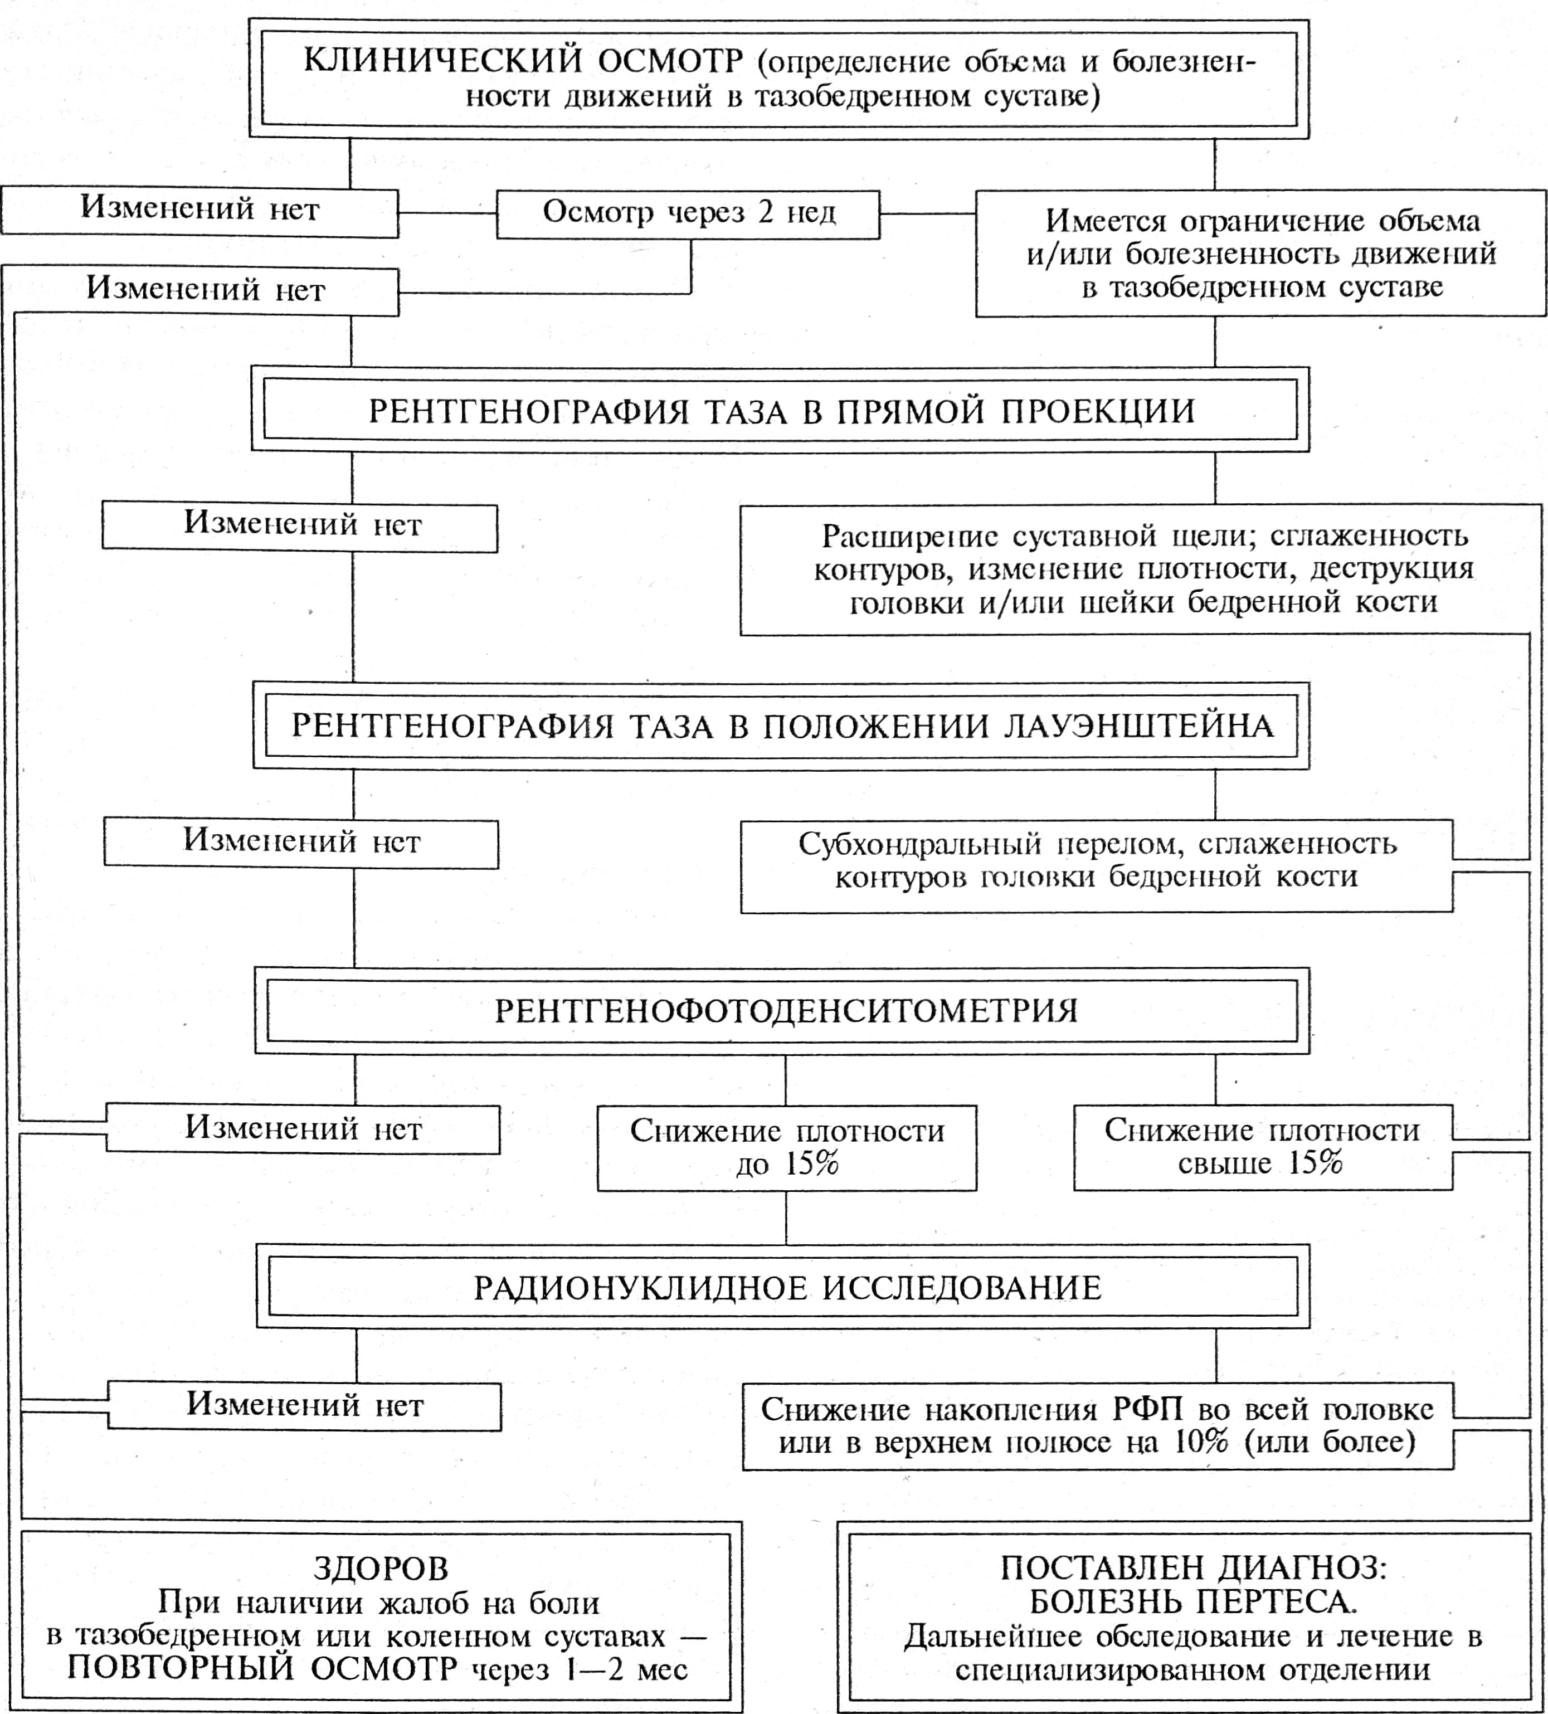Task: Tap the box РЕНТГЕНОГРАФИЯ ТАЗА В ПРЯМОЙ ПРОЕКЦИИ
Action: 780,411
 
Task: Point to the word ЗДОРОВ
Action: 380,1569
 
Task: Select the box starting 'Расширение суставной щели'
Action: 1139,569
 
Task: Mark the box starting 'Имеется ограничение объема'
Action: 1260,254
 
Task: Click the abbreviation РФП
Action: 1147,1410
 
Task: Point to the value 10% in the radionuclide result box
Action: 1201,1443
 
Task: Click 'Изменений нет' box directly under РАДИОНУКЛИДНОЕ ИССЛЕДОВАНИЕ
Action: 304,1406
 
